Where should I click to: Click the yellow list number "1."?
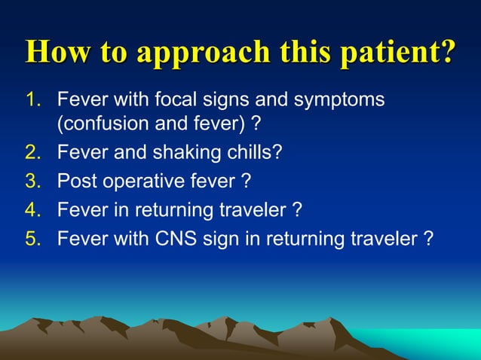35,99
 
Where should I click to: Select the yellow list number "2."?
35,152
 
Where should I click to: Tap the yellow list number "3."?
35,182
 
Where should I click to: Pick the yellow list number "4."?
35,210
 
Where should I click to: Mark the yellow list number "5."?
35,239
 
